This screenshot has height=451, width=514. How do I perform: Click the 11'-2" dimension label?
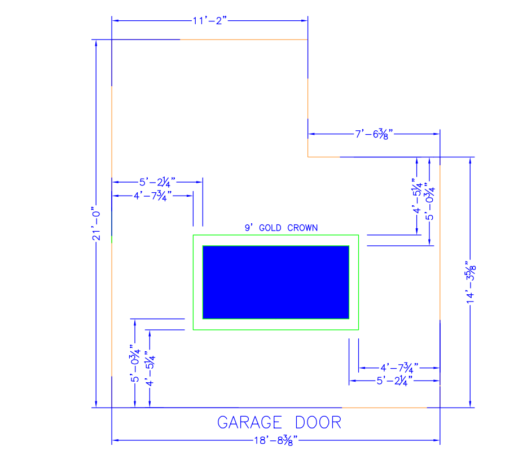point(209,21)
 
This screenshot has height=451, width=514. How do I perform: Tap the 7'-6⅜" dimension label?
point(374,134)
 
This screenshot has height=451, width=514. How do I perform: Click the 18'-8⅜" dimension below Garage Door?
point(276,440)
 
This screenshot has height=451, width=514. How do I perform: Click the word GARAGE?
point(249,422)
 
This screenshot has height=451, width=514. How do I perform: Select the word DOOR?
point(318,422)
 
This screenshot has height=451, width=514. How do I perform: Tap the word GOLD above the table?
point(270,228)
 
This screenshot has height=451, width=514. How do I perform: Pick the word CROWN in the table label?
point(302,228)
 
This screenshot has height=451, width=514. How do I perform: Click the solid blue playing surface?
point(276,282)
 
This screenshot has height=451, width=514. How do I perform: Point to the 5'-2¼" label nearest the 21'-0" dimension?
point(157,182)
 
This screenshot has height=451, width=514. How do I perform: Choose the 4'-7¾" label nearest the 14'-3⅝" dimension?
point(399,368)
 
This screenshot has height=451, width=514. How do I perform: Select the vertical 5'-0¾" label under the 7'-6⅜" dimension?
point(430,201)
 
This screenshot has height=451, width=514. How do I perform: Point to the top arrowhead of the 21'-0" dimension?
point(96,43)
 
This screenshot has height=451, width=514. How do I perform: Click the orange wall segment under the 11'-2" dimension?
point(244,39)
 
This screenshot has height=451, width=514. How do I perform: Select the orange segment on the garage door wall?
point(385,408)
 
